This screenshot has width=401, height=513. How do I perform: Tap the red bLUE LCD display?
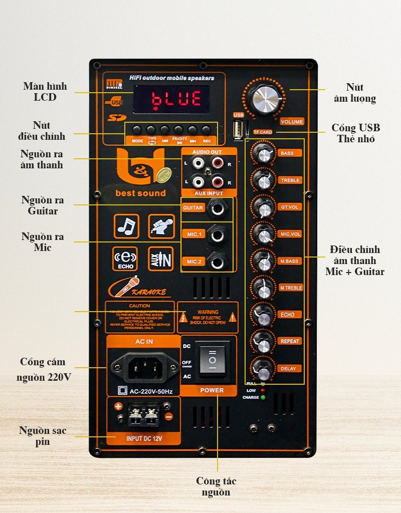pyautogui.click(x=171, y=99)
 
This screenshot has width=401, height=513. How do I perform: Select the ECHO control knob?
pyautogui.click(x=263, y=315)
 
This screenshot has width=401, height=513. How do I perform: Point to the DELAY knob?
pyautogui.click(x=263, y=369)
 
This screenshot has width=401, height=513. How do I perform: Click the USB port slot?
pyautogui.click(x=238, y=130)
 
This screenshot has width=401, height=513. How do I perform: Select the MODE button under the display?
pyautogui.click(x=136, y=129)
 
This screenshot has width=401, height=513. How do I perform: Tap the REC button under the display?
pyautogui.click(x=206, y=129)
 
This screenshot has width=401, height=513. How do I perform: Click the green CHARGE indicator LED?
pyautogui.click(x=263, y=397)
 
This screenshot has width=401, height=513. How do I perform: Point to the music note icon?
pyautogui.click(x=126, y=226)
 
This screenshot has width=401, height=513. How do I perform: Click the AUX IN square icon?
pyautogui.click(x=160, y=259)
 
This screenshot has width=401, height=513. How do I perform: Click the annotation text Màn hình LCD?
pyautogui.click(x=45, y=92)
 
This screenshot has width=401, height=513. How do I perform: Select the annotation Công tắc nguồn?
pyautogui.click(x=216, y=486)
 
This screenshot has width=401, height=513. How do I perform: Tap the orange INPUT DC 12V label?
pyautogui.click(x=144, y=439)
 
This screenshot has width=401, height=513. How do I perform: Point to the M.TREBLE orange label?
pyautogui.click(x=291, y=288)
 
